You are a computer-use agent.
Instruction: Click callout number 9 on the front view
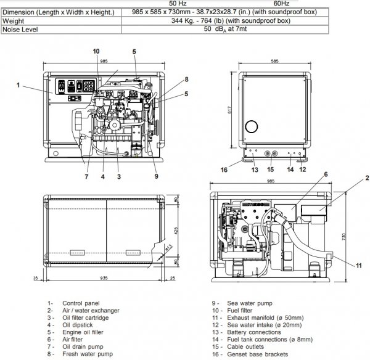tap(157, 176)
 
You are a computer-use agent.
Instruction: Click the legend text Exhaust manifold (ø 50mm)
tap(263, 317)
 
